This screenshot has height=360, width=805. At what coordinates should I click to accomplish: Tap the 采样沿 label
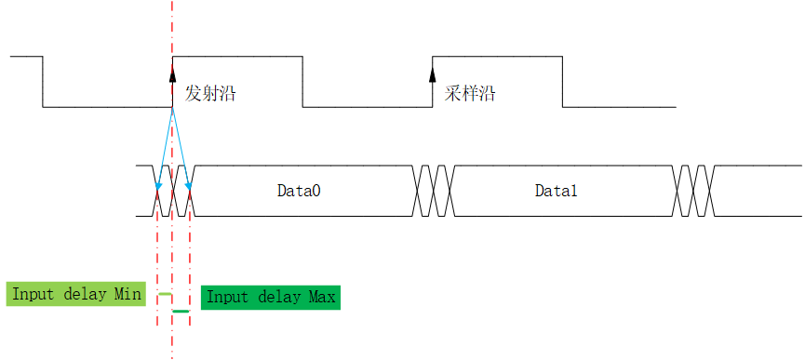(470, 94)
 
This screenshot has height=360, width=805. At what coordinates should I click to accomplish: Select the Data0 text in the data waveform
(299, 191)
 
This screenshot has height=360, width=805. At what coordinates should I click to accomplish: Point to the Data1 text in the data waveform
(557, 191)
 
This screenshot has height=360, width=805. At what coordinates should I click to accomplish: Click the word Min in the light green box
(128, 294)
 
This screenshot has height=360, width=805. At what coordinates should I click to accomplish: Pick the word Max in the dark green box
(321, 297)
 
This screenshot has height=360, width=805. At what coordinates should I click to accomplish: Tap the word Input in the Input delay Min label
(31, 294)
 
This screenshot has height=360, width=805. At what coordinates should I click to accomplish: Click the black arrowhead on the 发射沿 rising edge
(172, 64)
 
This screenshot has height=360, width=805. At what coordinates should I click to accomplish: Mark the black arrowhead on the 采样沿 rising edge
(433, 64)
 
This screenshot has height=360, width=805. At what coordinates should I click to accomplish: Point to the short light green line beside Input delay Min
(165, 294)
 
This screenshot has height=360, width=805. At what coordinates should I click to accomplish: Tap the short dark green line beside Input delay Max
(181, 311)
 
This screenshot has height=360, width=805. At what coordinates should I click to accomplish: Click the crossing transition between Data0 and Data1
(434, 191)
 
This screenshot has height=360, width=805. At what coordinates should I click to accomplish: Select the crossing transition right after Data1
(693, 191)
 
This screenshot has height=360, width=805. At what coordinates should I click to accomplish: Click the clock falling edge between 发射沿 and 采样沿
(302, 82)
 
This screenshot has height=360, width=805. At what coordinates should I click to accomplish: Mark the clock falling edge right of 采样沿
(562, 82)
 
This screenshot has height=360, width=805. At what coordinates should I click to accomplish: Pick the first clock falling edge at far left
(43, 82)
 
